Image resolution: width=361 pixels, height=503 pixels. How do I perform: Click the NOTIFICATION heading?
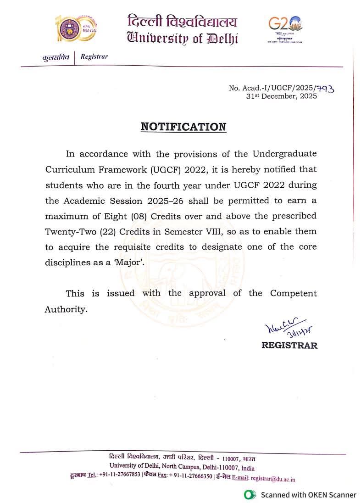183,127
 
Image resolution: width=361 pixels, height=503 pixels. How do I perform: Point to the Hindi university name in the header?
183,21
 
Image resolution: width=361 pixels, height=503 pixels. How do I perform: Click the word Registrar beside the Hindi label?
94,57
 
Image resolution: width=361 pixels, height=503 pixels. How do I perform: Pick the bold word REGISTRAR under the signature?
289,346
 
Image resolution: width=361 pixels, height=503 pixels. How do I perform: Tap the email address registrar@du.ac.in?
273,479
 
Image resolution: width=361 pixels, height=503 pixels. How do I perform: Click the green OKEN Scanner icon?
250,494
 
